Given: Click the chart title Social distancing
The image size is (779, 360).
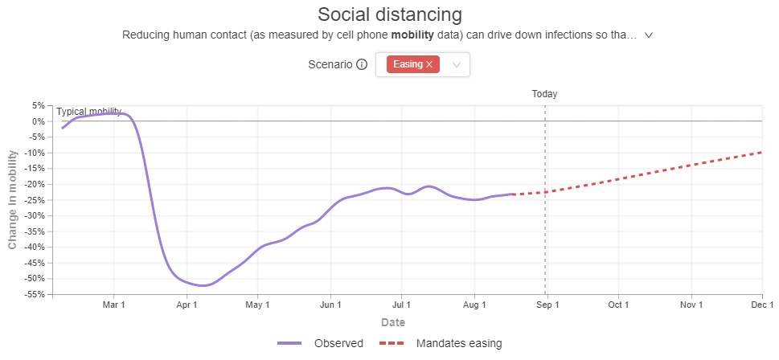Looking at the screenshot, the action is click(x=389, y=14).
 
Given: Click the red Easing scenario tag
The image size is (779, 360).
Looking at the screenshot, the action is click(x=413, y=64).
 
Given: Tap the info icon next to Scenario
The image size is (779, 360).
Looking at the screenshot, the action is click(x=362, y=64).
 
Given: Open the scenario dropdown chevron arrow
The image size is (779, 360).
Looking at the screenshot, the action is click(x=457, y=64).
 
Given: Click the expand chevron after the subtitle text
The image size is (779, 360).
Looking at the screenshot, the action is click(x=648, y=35).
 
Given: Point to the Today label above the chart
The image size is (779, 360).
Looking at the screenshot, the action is click(x=544, y=94).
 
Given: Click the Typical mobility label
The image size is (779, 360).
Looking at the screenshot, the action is click(x=89, y=111).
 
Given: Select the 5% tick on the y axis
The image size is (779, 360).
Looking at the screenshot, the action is click(x=39, y=106).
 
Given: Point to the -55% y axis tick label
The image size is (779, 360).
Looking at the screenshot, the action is click(x=35, y=294).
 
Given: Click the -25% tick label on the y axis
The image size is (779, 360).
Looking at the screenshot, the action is click(x=35, y=200).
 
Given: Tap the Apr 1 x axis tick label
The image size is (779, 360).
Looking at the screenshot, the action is click(x=187, y=305).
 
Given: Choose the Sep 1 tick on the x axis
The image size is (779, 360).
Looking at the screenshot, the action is click(x=547, y=305).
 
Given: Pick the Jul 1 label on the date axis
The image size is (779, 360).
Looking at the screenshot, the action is click(x=401, y=305).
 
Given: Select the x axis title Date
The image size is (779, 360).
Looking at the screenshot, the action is click(x=393, y=323).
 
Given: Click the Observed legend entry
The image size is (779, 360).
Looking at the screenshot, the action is click(x=321, y=343).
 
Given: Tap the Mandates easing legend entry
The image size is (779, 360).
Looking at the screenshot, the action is click(x=441, y=343).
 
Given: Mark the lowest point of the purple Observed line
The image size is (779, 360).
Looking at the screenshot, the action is click(x=203, y=285).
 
